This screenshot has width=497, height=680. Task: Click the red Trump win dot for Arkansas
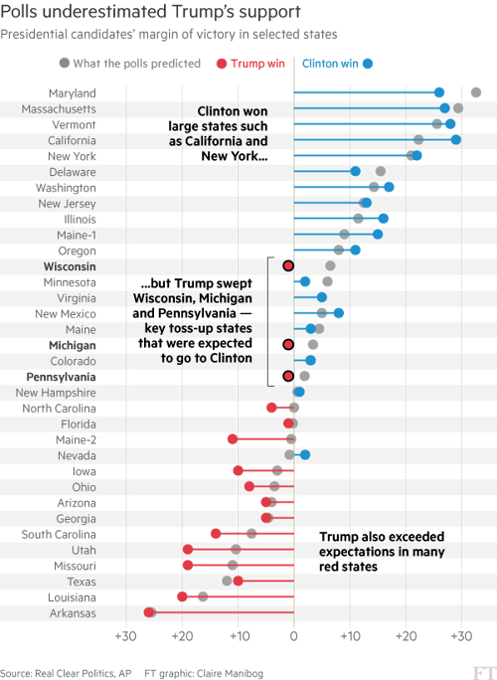pos(150,612)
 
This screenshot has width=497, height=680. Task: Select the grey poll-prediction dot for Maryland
pos(476,92)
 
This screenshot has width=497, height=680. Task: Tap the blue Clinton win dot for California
pos(455,140)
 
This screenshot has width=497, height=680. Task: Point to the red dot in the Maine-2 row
pos(233,439)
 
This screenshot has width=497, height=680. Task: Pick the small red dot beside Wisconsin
pos(288,266)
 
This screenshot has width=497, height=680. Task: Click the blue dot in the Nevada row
pos(305,455)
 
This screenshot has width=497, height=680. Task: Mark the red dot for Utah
pos(188,550)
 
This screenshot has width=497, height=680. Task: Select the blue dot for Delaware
pos(355,172)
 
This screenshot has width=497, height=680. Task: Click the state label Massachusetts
pos(59,108)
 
